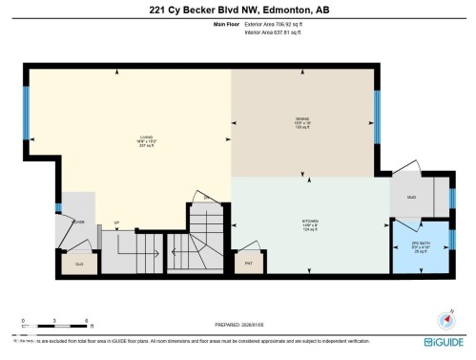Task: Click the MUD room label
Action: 411,198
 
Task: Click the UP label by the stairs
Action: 116,225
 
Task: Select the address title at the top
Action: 238,11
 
